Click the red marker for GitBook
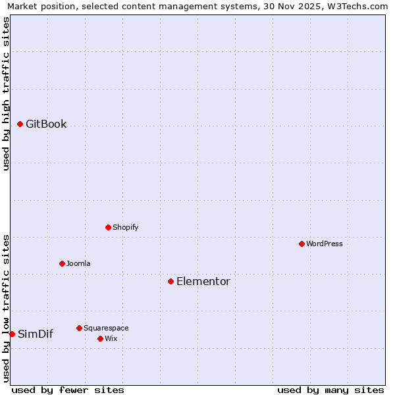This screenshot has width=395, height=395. click(20, 124)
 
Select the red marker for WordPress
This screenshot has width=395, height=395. click(302, 244)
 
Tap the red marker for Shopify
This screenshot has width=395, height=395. click(108, 227)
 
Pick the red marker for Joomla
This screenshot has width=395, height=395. click(62, 263)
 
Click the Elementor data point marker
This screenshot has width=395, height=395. click(171, 281)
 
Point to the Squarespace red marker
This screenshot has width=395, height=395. click(79, 328)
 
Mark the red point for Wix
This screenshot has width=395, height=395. click(100, 338)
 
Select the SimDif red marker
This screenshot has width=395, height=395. click(12, 334)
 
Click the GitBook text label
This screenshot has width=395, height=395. click(46, 124)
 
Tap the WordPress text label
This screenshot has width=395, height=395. click(325, 244)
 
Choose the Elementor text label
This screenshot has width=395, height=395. click(203, 281)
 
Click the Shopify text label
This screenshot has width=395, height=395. click(125, 227)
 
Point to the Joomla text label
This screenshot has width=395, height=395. click(78, 263)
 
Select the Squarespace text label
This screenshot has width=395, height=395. click(106, 328)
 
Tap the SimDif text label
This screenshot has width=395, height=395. click(36, 334)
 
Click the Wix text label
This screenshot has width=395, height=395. click(111, 338)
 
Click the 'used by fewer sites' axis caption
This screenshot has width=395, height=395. click(68, 390)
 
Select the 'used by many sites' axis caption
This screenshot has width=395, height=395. click(330, 390)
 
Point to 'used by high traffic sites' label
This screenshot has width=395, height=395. click(6, 93)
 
